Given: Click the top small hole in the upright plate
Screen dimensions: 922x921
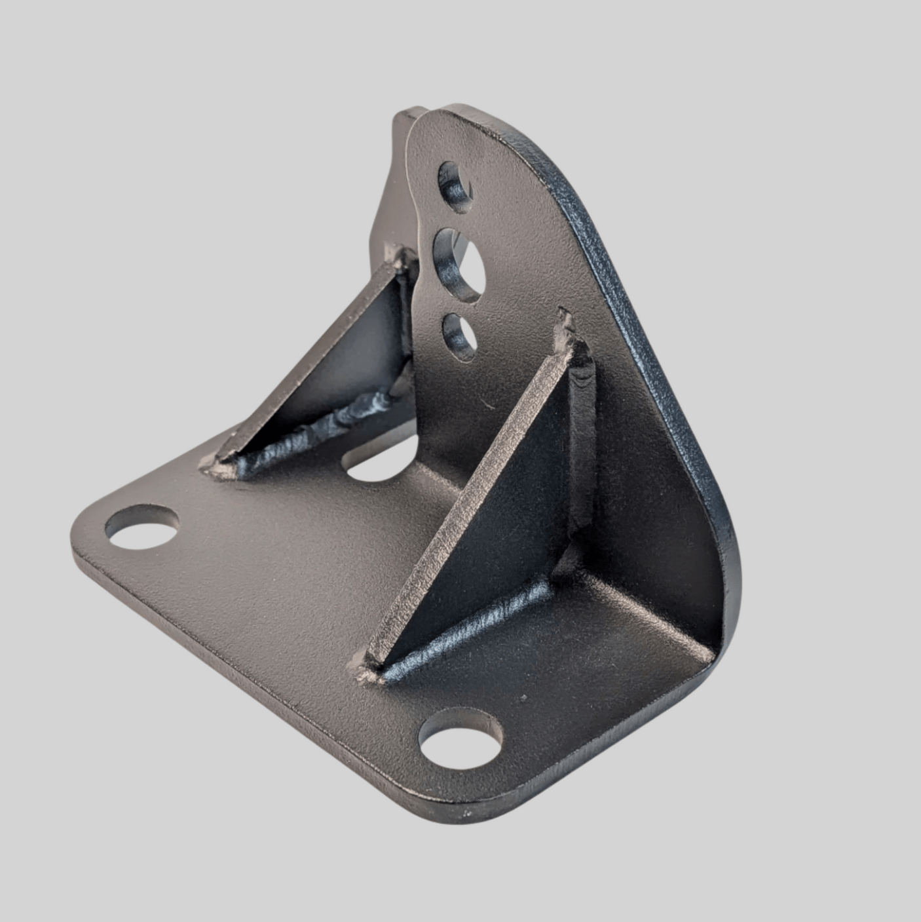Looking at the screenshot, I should (455, 187).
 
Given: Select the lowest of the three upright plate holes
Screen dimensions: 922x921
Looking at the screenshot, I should (460, 336).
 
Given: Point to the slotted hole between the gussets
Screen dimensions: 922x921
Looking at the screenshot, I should (380, 461).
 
